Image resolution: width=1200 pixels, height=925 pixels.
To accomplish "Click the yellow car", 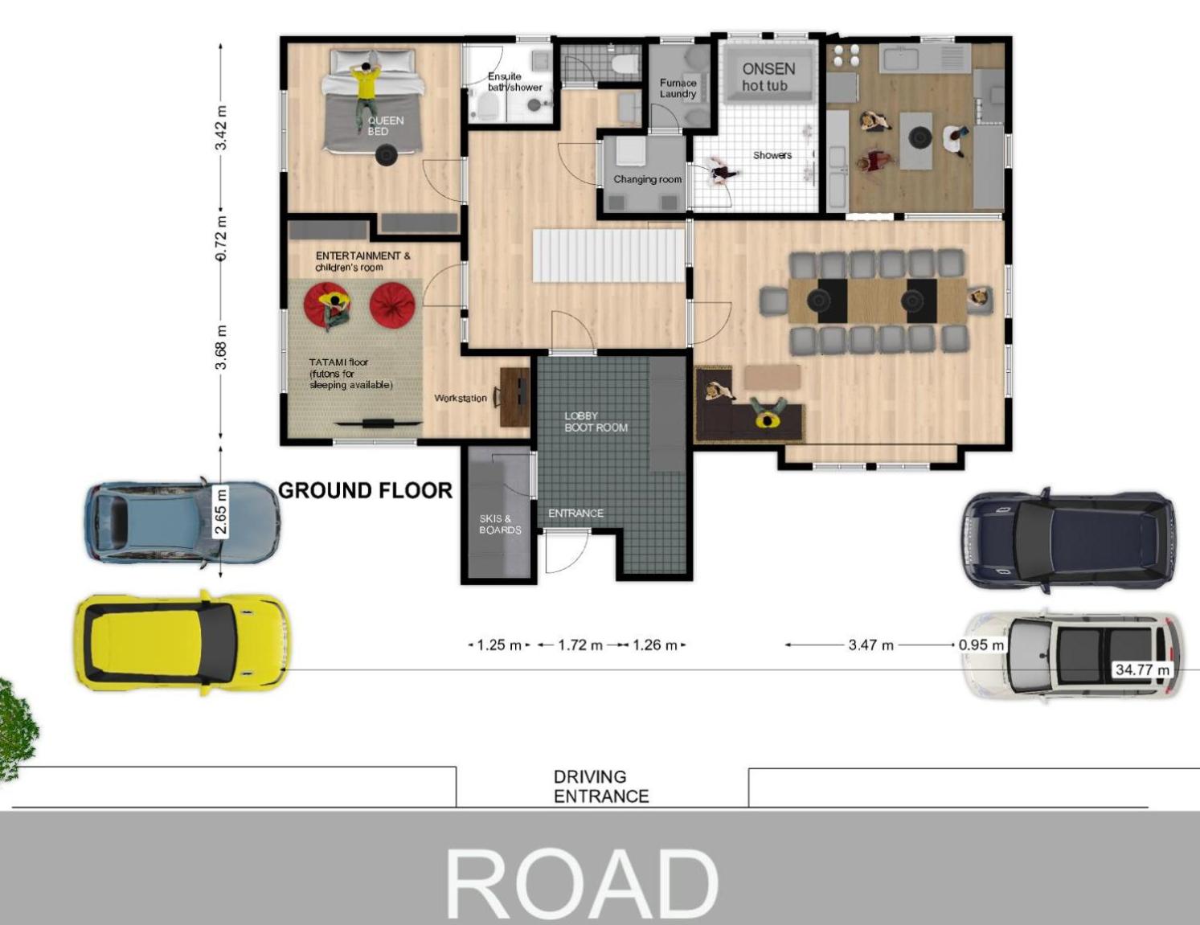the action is click(182, 644).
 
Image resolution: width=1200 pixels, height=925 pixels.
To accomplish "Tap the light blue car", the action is click(182, 522).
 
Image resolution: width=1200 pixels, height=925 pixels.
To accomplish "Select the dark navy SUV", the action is click(1069, 540).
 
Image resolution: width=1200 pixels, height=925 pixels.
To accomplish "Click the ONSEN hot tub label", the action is click(768, 77).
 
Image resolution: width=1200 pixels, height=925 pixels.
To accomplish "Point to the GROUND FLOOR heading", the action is click(365, 490).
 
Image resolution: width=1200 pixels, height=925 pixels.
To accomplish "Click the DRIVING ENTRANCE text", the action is click(601, 787).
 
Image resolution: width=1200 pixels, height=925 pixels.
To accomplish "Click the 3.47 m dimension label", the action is click(871, 645).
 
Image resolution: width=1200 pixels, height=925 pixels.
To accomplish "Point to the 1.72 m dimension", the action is click(580, 645).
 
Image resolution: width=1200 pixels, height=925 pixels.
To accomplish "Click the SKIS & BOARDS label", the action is click(500, 524).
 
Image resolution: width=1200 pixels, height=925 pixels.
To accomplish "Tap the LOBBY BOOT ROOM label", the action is click(596, 422).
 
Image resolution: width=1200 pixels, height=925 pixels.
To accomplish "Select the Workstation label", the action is click(461, 398).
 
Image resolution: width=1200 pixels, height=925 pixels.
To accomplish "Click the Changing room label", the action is click(647, 179).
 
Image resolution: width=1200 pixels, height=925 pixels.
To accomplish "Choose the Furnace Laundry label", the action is click(678, 88).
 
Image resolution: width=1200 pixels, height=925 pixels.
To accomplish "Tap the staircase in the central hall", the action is click(608, 256).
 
